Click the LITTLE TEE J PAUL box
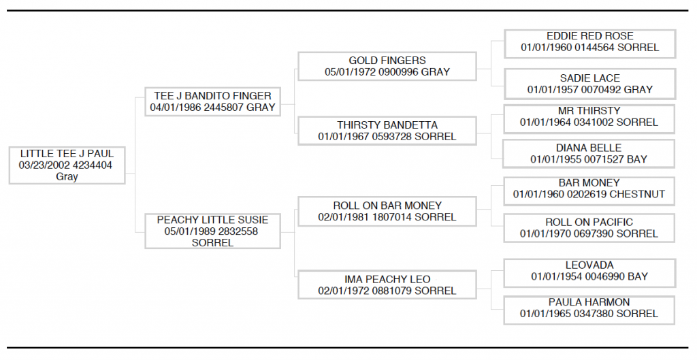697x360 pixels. pyautogui.click(x=67, y=165)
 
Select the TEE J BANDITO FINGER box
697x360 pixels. pyautogui.click(x=213, y=102)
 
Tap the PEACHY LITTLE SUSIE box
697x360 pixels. pyautogui.click(x=213, y=231)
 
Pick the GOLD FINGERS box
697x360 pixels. pyautogui.click(x=387, y=67)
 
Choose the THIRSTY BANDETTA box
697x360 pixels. pyautogui.click(x=387, y=131)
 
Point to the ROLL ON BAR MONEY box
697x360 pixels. pyautogui.click(x=387, y=212)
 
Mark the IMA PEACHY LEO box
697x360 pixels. pyautogui.click(x=387, y=285)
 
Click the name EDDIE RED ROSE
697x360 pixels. pyautogui.click(x=590, y=36)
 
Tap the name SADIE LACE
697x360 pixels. pyautogui.click(x=590, y=78)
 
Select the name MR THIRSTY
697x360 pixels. pyautogui.click(x=589, y=111)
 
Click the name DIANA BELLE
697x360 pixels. pyautogui.click(x=589, y=148)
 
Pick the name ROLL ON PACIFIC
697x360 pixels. pyautogui.click(x=589, y=223)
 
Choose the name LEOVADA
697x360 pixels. pyautogui.click(x=589, y=265)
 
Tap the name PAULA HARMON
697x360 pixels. pyautogui.click(x=589, y=302)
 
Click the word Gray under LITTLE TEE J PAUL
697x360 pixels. pyautogui.click(x=67, y=177)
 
